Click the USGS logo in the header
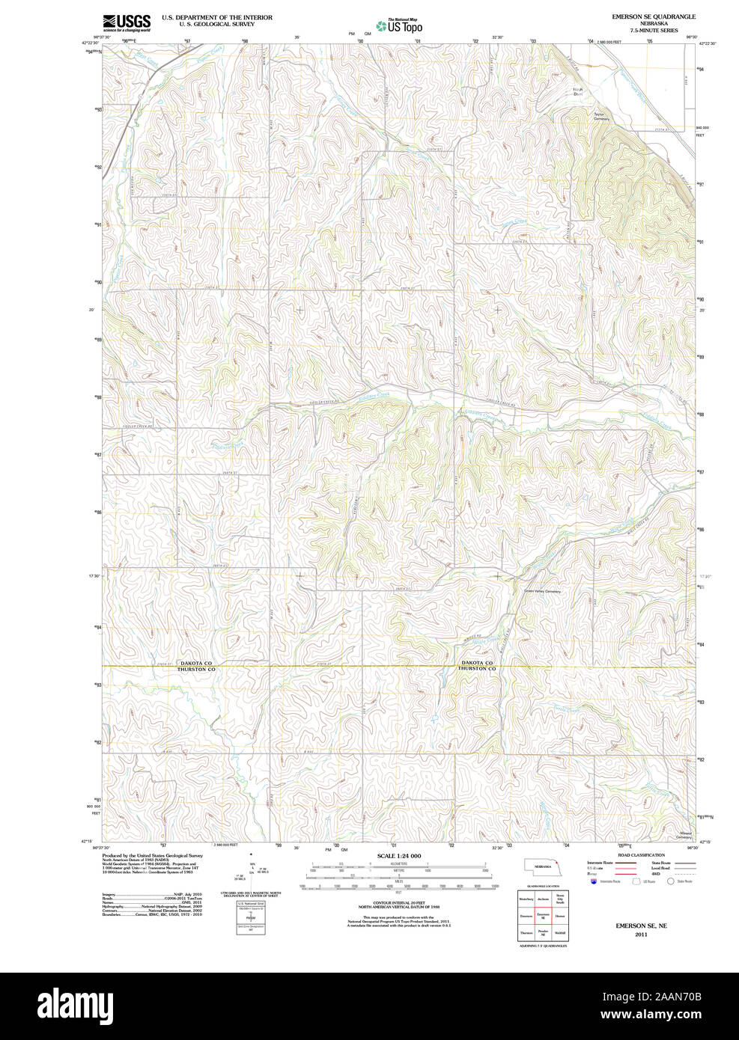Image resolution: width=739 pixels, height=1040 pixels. pyautogui.click(x=127, y=22)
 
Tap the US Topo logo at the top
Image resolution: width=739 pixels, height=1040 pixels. pyautogui.click(x=400, y=26)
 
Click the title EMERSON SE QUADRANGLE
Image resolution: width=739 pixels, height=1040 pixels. pyautogui.click(x=653, y=16)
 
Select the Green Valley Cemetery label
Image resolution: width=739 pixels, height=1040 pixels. pyautogui.click(x=542, y=591)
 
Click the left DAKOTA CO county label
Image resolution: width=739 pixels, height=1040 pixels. pyautogui.click(x=196, y=663)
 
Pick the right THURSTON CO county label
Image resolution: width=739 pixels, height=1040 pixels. pyautogui.click(x=477, y=669)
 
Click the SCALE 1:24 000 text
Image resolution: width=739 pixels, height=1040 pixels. pyautogui.click(x=398, y=856)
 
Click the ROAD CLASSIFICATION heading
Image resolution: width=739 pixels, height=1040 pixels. pyautogui.click(x=641, y=855)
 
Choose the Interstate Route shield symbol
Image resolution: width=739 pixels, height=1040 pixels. pyautogui.click(x=594, y=881)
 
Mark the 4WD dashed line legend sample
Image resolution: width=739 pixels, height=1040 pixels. pyautogui.click(x=684, y=874)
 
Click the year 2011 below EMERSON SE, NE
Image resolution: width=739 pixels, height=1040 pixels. pyautogui.click(x=641, y=935)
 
